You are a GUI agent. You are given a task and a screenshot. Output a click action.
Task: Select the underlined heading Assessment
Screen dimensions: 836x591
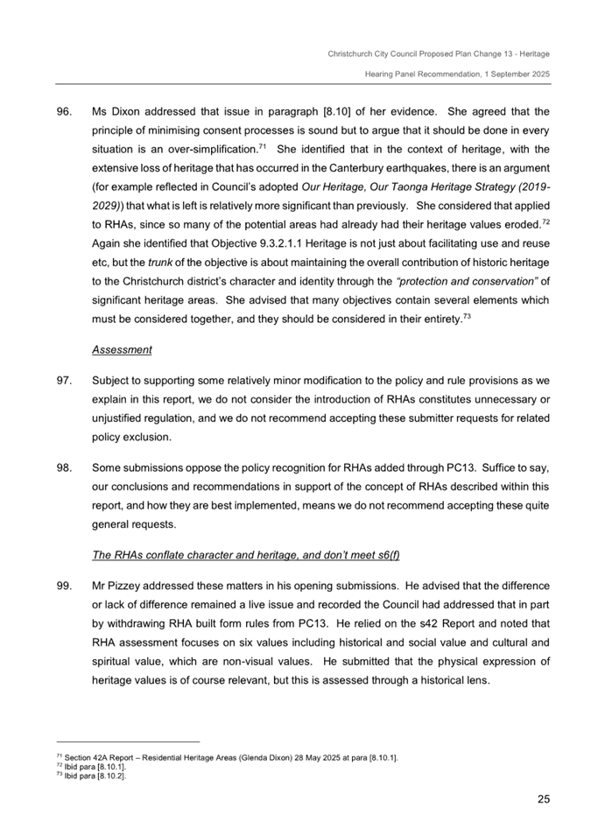tap(122, 350)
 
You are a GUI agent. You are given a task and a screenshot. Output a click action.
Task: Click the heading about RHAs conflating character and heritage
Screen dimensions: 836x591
tap(246, 554)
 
